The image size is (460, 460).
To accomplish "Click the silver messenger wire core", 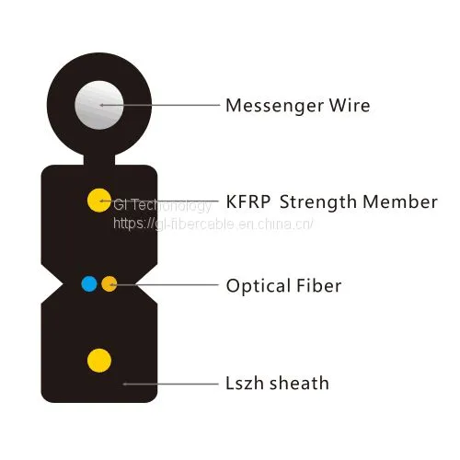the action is click(x=99, y=105).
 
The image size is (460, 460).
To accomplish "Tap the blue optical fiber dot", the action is click(x=89, y=283).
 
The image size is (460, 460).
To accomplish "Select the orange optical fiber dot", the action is click(x=109, y=283).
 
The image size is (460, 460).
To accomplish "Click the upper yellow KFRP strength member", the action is click(x=99, y=201).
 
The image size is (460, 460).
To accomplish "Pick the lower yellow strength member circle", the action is click(x=99, y=361).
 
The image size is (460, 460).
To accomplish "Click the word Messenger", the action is click(x=274, y=107).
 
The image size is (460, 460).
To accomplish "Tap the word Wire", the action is click(x=350, y=105).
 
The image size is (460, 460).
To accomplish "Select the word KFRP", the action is click(x=248, y=201).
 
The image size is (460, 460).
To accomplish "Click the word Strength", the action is click(x=317, y=203).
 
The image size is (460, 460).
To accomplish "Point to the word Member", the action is click(x=400, y=201).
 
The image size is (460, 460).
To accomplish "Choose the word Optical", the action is click(x=259, y=286).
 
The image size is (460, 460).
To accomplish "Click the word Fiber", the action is click(x=319, y=285).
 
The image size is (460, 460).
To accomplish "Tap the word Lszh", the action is click(x=244, y=383).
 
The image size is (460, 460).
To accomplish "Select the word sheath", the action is click(x=299, y=383).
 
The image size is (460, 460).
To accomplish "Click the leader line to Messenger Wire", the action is click(x=160, y=105).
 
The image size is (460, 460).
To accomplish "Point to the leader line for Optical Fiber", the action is click(x=164, y=285).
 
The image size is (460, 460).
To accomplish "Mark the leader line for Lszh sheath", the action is click(x=170, y=384).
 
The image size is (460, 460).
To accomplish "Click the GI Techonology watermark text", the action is click(x=163, y=205).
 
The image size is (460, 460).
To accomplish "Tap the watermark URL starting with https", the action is click(x=213, y=224).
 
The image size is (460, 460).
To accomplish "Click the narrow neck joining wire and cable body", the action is click(x=99, y=160).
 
